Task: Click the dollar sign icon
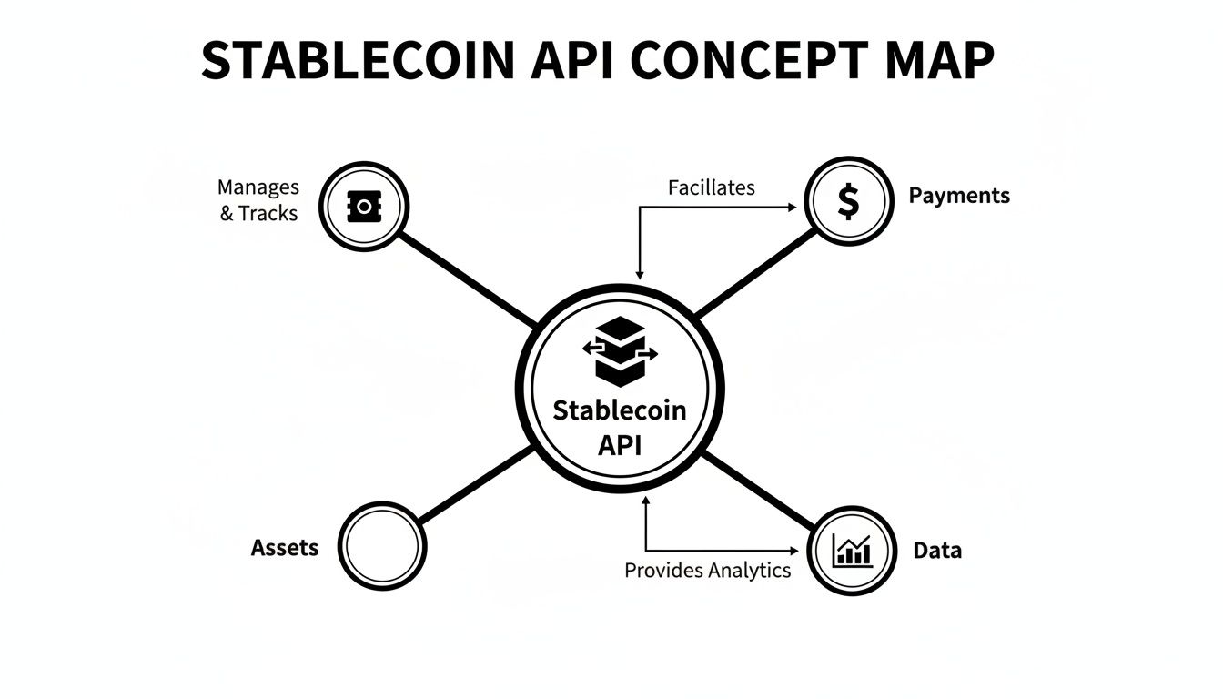click(x=848, y=202)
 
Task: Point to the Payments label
click(x=959, y=196)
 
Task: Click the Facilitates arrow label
click(x=711, y=187)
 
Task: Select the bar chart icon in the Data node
click(x=852, y=551)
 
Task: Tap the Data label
click(x=937, y=551)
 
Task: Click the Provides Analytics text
click(x=707, y=571)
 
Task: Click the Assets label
click(x=285, y=548)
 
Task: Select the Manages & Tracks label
click(x=258, y=200)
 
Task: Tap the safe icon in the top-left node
click(x=365, y=207)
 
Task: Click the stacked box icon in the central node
click(x=619, y=352)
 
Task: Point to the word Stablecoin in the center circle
click(x=620, y=410)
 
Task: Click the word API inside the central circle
click(x=620, y=446)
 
